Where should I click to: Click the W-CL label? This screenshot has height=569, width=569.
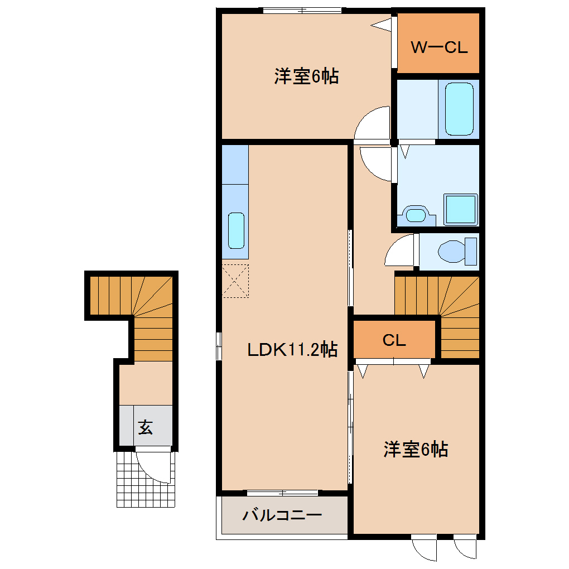click(438, 47)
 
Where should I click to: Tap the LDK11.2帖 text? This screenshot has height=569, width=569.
click(292, 350)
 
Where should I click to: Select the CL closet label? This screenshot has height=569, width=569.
click(394, 340)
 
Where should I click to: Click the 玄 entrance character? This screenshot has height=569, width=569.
click(145, 427)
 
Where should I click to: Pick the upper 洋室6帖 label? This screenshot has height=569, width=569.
click(306, 76)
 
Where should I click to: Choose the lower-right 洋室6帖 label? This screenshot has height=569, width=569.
click(416, 449)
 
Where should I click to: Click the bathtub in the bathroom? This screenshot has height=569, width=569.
click(459, 109)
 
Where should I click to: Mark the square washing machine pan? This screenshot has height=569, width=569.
click(460, 210)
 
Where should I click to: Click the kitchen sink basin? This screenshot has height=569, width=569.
click(236, 230)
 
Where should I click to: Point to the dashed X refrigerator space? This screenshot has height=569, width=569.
click(235, 282)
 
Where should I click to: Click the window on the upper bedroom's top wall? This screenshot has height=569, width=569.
click(302, 10)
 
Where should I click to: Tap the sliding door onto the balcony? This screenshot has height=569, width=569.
click(283, 493)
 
